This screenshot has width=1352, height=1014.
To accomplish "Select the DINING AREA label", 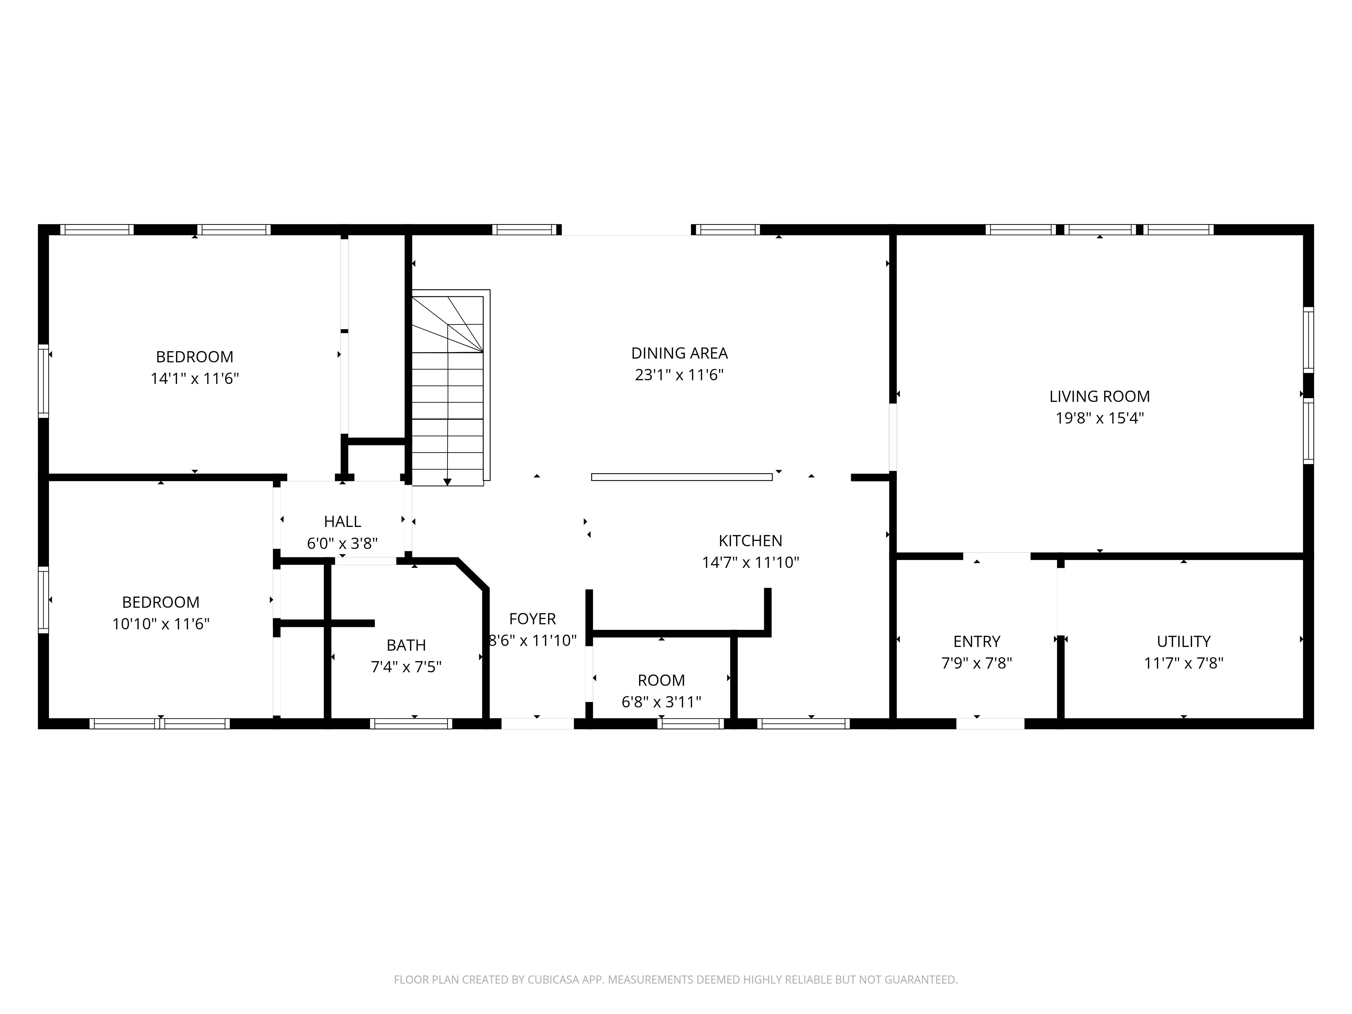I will pyautogui.click(x=679, y=353).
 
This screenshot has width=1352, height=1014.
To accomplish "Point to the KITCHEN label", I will pyautogui.click(x=750, y=541).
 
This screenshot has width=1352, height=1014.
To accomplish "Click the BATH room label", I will pyautogui.click(x=406, y=646).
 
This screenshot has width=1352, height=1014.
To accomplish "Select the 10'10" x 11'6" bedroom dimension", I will pyautogui.click(x=161, y=624).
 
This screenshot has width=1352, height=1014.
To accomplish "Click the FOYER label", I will pyautogui.click(x=532, y=619).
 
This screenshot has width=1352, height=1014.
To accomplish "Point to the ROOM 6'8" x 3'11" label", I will pyautogui.click(x=661, y=681).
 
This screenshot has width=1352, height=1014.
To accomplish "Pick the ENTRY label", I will pyautogui.click(x=976, y=642).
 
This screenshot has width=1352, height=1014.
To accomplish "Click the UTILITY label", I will pyautogui.click(x=1183, y=642).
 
